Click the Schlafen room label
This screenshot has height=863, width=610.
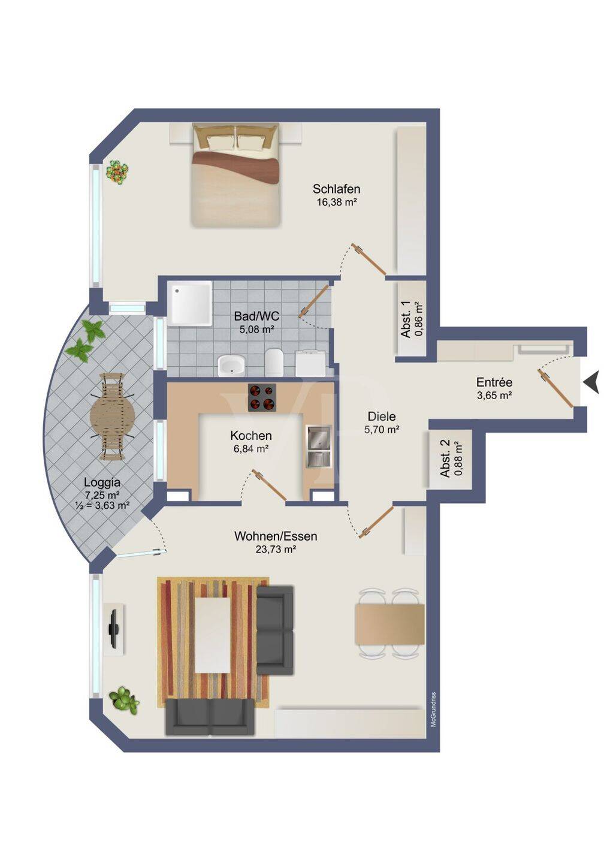[336, 189]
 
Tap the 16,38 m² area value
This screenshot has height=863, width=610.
[336, 202]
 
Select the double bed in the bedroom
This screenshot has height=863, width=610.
[235, 174]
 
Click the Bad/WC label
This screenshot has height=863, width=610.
[257, 316]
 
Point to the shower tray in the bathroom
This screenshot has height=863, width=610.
[190, 303]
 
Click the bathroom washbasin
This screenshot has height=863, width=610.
[231, 365]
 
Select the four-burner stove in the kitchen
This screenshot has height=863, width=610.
[262, 397]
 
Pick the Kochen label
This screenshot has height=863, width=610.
[251, 436]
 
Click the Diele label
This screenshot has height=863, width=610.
[382, 416]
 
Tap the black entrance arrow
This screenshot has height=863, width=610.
[591, 382]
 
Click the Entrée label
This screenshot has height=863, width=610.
[494, 382]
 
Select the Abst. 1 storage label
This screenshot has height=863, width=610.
[406, 319]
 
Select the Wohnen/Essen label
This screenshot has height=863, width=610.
[276, 536]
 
